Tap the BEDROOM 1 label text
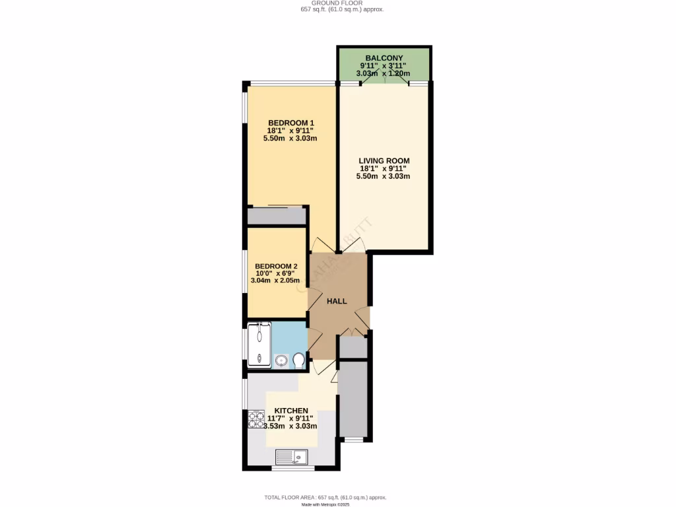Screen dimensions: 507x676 point(290,123)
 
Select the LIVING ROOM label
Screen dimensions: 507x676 point(384,160)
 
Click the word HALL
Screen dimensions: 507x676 point(337,301)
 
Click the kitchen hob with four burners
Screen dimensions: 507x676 point(256,421)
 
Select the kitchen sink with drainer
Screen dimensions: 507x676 point(291,456)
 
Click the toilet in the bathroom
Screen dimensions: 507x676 point(298,360)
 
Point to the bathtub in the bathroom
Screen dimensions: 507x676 point(259,344)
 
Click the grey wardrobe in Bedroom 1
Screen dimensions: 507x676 point(277,216)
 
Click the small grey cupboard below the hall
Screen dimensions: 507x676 point(353,347)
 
